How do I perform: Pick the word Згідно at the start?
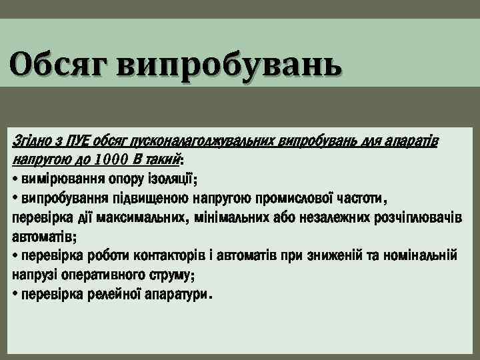(x=31, y=143)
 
